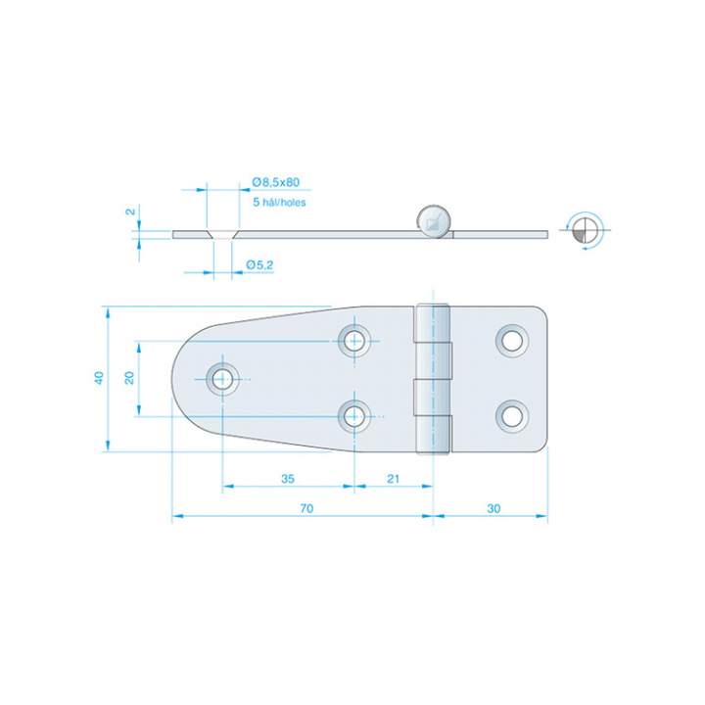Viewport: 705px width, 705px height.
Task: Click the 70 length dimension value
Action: pyautogui.click(x=306, y=508)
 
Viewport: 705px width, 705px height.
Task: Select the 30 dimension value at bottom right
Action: pyautogui.click(x=493, y=508)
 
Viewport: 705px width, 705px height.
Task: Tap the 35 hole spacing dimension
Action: pyautogui.click(x=288, y=479)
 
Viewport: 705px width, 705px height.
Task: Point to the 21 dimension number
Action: pyautogui.click(x=393, y=479)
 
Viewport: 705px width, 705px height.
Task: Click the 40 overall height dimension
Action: pyautogui.click(x=99, y=378)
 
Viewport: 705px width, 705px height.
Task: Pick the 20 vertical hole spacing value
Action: pyautogui.click(x=129, y=378)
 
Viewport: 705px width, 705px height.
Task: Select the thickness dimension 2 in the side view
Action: pyautogui.click(x=130, y=211)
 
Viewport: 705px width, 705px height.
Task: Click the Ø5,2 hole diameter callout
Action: pyautogui.click(x=259, y=264)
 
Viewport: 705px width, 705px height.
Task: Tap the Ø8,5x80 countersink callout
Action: pyautogui.click(x=275, y=182)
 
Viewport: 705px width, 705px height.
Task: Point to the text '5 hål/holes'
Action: pyautogui.click(x=279, y=203)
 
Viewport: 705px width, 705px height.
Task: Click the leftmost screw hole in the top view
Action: pyautogui.click(x=222, y=379)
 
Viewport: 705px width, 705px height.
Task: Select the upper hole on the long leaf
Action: pyautogui.click(x=354, y=341)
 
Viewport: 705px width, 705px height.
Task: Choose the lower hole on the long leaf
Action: pyautogui.click(x=354, y=417)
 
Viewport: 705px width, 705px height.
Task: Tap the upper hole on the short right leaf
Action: pyautogui.click(x=512, y=341)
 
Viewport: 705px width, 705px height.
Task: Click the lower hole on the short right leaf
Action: pyautogui.click(x=512, y=417)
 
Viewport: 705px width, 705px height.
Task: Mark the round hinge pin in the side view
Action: pyautogui.click(x=434, y=221)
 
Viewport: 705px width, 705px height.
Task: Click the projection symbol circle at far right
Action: pyautogui.click(x=585, y=230)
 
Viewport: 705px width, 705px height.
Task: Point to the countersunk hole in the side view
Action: pyautogui.click(x=222, y=234)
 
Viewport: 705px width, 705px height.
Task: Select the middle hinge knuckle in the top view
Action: pyautogui.click(x=433, y=379)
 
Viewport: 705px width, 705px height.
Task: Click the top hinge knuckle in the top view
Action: pyautogui.click(x=433, y=323)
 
